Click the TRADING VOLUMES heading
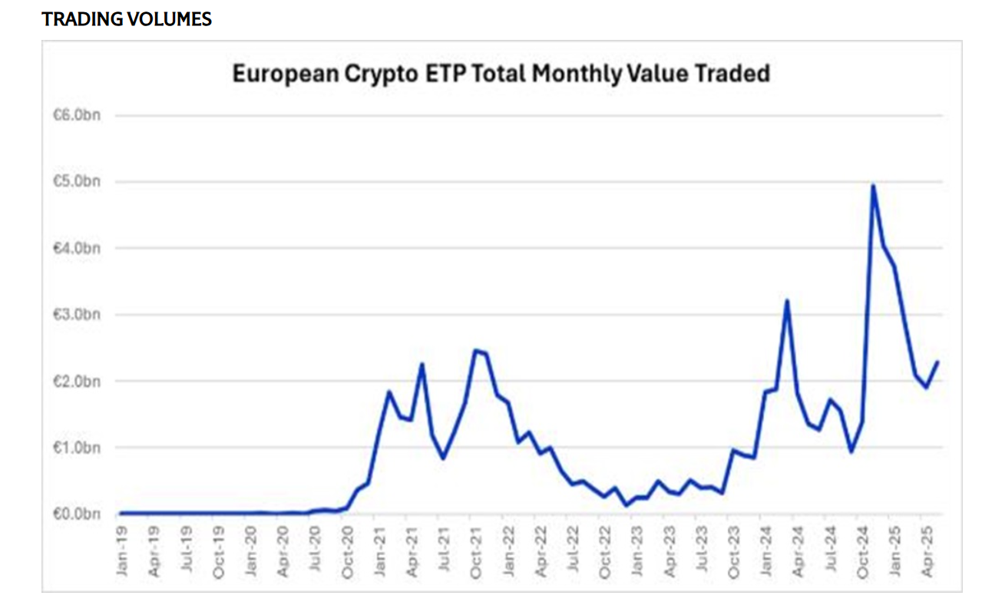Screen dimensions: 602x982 [x=127, y=20]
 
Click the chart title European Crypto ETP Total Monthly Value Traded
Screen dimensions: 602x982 [x=501, y=74]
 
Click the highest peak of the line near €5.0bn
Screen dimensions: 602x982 [x=873, y=186]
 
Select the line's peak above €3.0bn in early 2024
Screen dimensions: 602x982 [x=786, y=301]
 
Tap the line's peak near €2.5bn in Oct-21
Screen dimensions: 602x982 [x=475, y=351]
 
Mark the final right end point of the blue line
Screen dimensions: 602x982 [x=937, y=362]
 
